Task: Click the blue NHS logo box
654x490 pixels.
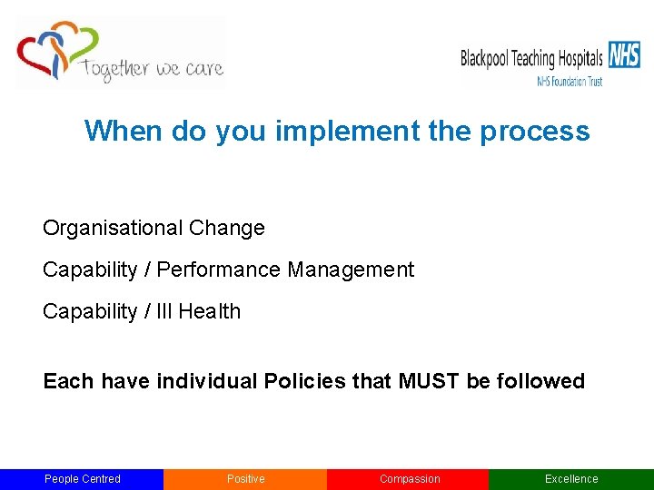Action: [x=624, y=55]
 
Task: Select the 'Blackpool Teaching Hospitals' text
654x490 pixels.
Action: [x=531, y=59]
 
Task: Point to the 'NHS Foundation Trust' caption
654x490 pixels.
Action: [x=570, y=81]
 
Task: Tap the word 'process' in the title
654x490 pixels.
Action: [x=535, y=132]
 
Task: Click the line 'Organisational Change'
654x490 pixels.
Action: [x=154, y=228]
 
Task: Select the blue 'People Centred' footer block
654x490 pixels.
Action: [x=82, y=479]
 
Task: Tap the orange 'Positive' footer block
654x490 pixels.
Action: [x=245, y=479]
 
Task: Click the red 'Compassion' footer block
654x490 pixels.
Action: [x=409, y=479]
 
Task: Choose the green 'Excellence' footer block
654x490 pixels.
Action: [x=571, y=479]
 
